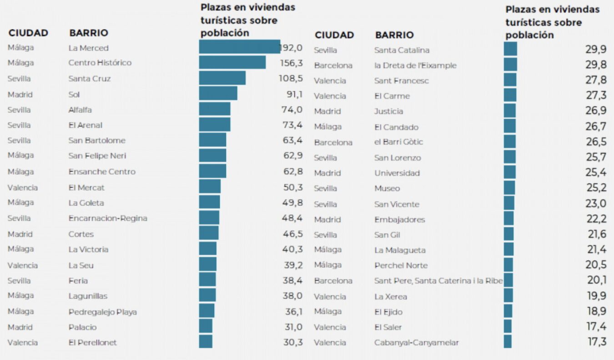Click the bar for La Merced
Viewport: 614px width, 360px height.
pyautogui.click(x=239, y=47)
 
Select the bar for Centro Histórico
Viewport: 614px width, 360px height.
pyautogui.click(x=232, y=63)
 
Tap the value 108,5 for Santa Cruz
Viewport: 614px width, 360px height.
pyautogui.click(x=290, y=79)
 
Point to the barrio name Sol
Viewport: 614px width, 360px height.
pyautogui.click(x=74, y=95)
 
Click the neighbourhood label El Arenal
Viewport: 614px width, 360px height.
pyautogui.click(x=86, y=125)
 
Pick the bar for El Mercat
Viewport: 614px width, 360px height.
pyautogui.click(x=210, y=187)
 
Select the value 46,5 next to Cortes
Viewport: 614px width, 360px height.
pyautogui.click(x=292, y=234)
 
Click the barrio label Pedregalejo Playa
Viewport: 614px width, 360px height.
pyautogui.click(x=102, y=312)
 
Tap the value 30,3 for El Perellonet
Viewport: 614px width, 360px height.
pyautogui.click(x=292, y=342)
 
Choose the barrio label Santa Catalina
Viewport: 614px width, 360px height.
pyautogui.click(x=402, y=50)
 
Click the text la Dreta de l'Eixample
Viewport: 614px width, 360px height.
pyautogui.click(x=415, y=65)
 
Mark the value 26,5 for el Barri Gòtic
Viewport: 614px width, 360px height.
pyautogui.click(x=596, y=142)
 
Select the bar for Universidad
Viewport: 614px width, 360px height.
pyautogui.click(x=510, y=172)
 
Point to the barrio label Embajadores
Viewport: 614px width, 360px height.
pyautogui.click(x=399, y=220)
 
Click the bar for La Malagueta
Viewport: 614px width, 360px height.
pyautogui.click(x=508, y=250)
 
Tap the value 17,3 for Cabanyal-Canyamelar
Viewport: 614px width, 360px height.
pyautogui.click(x=596, y=342)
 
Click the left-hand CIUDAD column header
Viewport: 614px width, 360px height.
pyautogui.click(x=28, y=33)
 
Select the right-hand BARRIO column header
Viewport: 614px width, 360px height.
pyautogui.click(x=394, y=35)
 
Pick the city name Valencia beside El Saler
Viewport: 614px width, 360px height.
pyautogui.click(x=330, y=327)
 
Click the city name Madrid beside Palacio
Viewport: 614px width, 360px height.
pyautogui.click(x=20, y=327)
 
